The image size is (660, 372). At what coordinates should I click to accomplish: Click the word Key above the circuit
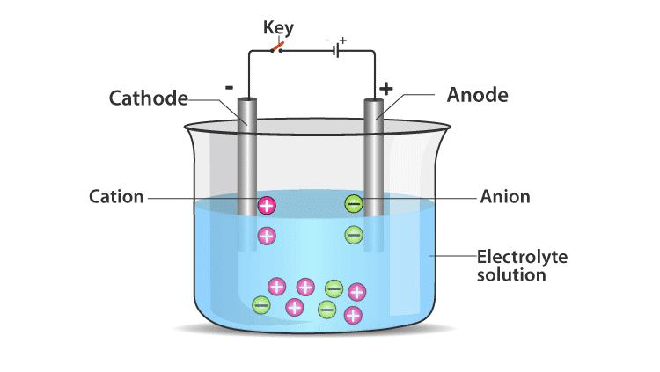[x=278, y=27]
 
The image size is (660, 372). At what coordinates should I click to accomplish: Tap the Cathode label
[x=149, y=97]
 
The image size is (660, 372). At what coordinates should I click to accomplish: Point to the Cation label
[x=116, y=196]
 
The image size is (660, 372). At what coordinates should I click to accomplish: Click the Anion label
[x=505, y=196]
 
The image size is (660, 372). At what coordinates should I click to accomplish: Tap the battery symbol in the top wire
[x=334, y=51]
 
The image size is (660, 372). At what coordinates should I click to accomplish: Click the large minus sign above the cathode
[x=229, y=87]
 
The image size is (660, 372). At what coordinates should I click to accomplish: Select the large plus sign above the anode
[x=385, y=89]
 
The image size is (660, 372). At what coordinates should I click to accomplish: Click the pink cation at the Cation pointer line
[x=267, y=206]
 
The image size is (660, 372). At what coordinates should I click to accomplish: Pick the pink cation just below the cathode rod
[x=267, y=236]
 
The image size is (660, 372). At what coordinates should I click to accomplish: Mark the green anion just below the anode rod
[x=353, y=235]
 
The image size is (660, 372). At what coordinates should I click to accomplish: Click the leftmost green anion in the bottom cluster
[x=261, y=305]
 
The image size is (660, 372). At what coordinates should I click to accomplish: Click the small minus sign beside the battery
[x=327, y=40]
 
